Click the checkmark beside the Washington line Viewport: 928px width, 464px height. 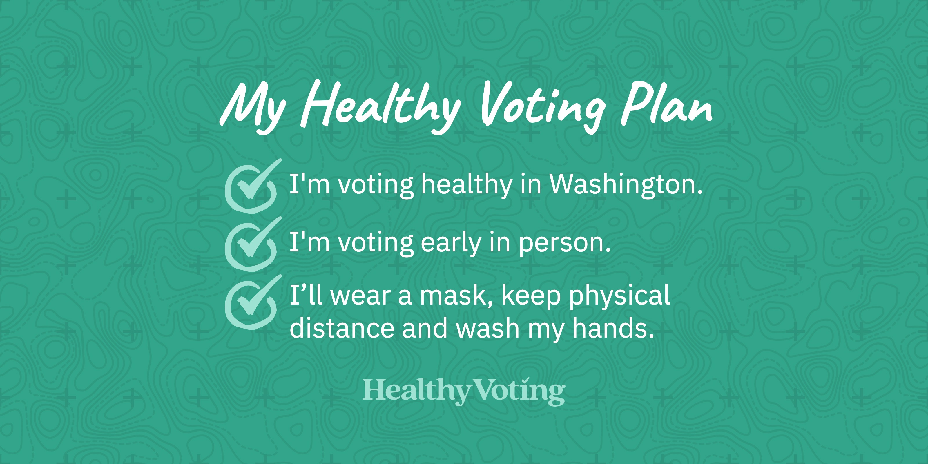pos(252,185)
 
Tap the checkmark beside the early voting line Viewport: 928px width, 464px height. pos(252,244)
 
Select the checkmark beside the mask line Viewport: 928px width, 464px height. pos(252,302)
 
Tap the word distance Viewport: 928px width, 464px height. pos(342,328)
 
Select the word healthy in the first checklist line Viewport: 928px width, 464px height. pos(467,184)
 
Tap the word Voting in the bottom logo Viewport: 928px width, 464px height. pos(518,391)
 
